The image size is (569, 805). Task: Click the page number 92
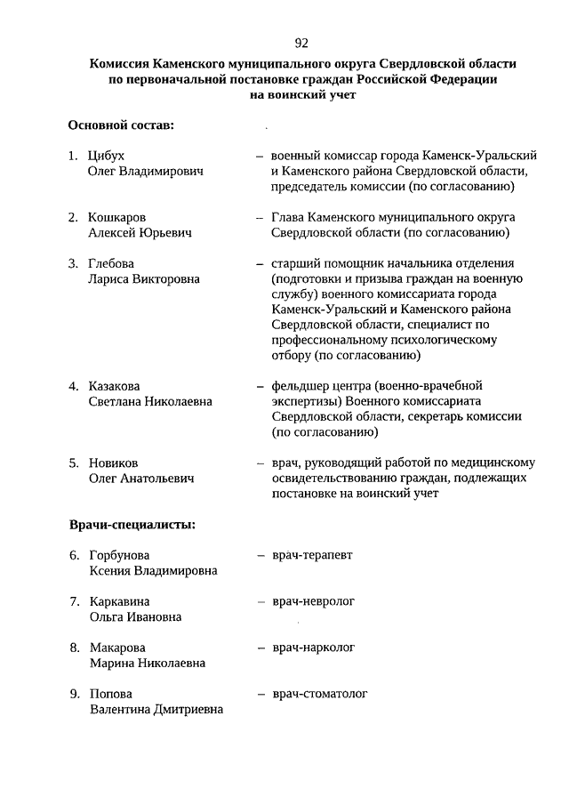point(301,43)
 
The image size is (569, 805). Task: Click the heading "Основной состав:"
point(121,125)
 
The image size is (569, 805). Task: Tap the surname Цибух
point(107,156)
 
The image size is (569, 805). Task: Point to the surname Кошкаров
point(117,217)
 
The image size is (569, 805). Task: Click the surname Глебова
point(111,263)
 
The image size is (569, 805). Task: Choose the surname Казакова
point(116,386)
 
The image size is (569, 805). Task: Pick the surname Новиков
point(113,463)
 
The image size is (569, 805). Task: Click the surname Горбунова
point(119,556)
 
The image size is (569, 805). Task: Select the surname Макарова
point(117,648)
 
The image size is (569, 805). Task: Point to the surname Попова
point(111,694)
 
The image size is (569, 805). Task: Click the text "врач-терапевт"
point(312,556)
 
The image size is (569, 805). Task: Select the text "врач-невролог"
point(313,601)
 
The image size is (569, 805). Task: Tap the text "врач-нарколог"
point(313,648)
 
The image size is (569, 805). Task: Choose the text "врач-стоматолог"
point(319,694)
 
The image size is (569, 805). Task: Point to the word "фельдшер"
point(300,386)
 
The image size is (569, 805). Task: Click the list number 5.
point(74,463)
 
